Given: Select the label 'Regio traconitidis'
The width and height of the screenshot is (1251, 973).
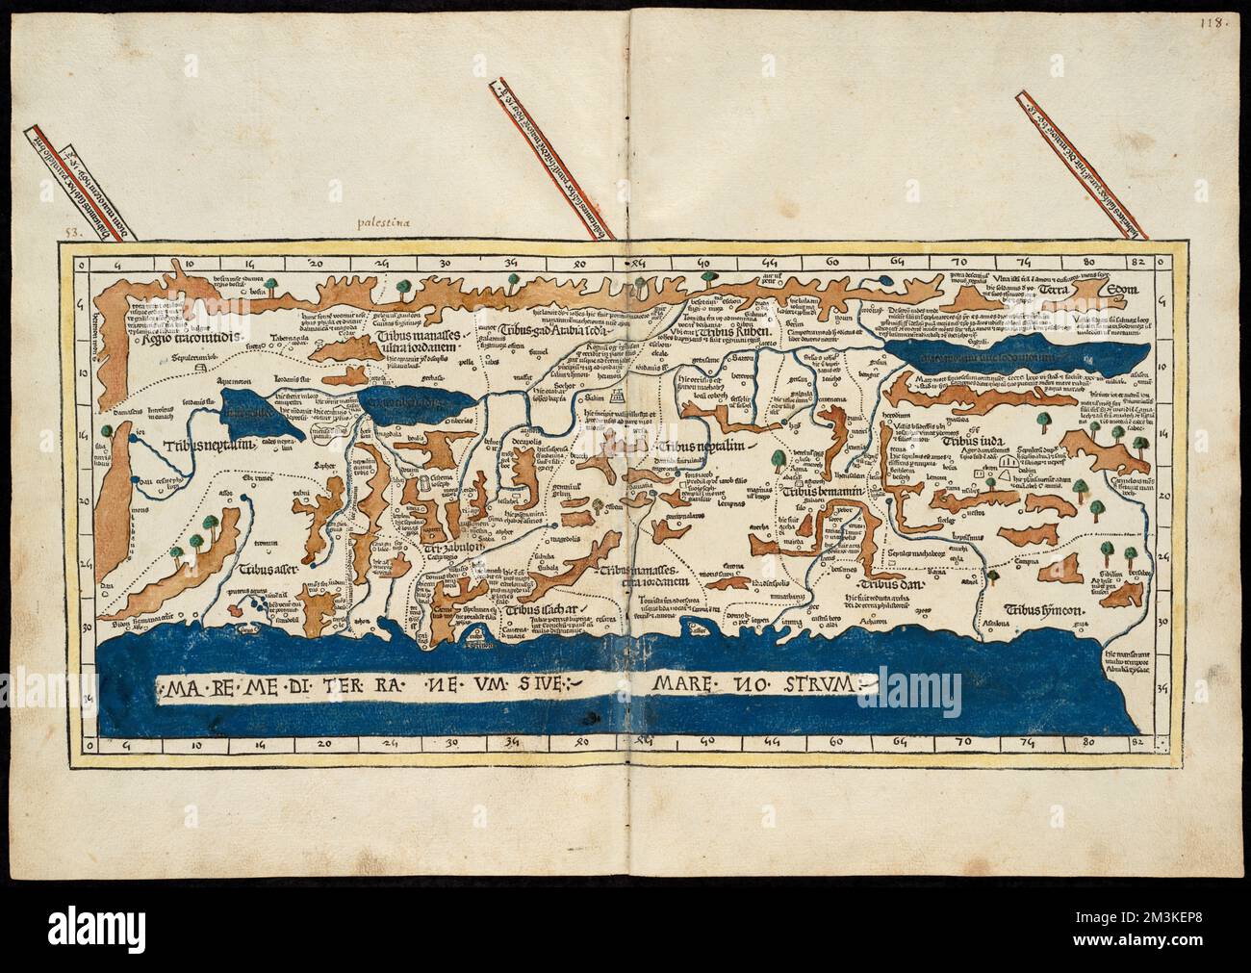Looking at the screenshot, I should [x=185, y=339].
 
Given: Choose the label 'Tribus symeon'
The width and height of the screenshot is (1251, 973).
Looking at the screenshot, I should [x=1044, y=609].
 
